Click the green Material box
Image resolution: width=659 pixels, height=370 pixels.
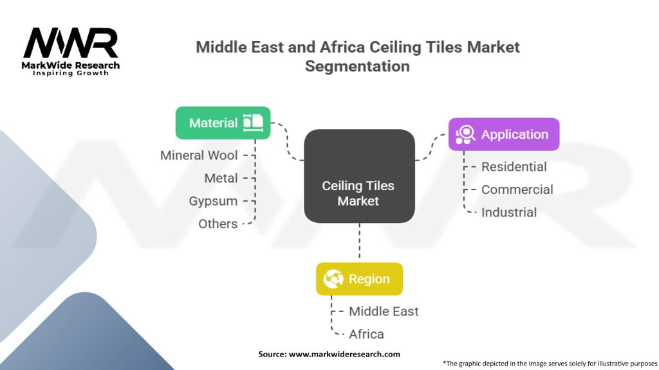point(223,123)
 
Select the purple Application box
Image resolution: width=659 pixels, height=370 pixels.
point(503,134)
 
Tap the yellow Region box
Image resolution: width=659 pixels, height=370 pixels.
point(359,279)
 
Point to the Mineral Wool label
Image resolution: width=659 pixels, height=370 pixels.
point(199,155)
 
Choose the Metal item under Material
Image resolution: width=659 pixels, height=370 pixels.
point(221,178)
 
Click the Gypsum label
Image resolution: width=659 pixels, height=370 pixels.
point(213,201)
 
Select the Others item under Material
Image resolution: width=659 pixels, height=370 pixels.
point(218,224)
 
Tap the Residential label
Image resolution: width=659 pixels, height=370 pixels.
point(514,166)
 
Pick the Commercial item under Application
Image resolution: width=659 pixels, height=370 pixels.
point(517,189)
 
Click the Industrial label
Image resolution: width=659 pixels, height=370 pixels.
point(508,212)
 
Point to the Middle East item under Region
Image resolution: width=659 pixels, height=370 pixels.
point(384,311)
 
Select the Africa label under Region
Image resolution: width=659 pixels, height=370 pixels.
point(366,334)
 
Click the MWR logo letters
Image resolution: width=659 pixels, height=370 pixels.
point(71,43)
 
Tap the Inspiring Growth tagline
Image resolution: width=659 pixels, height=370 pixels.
point(71,73)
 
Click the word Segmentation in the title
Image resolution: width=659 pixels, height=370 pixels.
point(357,66)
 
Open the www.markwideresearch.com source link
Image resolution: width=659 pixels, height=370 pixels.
point(344,354)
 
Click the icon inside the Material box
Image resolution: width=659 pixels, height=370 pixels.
point(253,123)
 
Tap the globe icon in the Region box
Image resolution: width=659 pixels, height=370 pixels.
point(333,279)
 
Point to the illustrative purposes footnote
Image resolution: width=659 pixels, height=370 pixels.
point(550,363)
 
